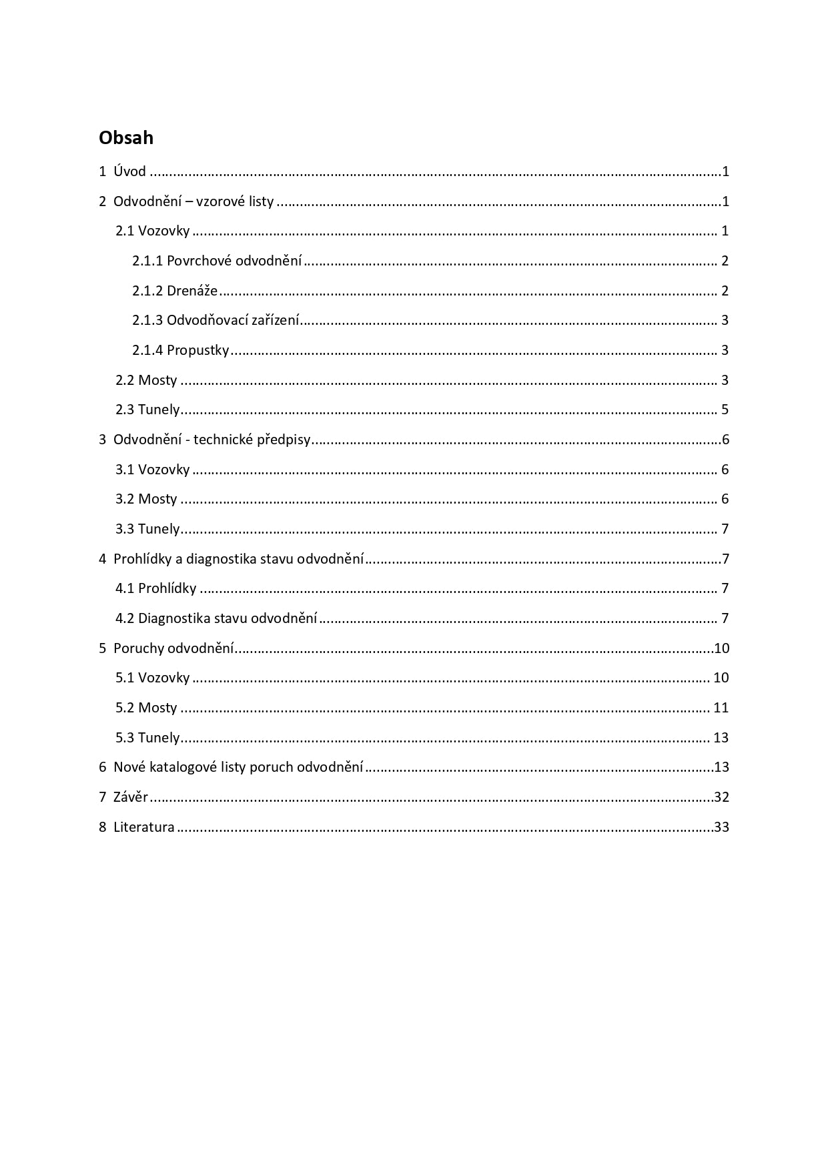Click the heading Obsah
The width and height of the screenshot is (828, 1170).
pos(126,137)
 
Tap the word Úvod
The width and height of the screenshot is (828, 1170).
pos(129,171)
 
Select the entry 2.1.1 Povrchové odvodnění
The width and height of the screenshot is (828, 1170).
pos(217,261)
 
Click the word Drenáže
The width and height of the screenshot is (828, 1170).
pos(192,291)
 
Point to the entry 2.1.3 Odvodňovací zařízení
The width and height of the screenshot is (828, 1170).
pos(216,320)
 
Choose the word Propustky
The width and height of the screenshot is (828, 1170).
pos(197,350)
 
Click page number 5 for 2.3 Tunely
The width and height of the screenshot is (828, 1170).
pos(725,410)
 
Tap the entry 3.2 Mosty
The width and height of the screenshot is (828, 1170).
pos(146,499)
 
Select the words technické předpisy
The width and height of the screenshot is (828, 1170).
pos(252,440)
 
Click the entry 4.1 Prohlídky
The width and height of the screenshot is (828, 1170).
pos(156,588)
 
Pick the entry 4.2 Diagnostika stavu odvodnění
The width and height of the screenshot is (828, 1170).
pos(216,618)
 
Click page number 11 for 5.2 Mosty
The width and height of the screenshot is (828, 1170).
pos(721,708)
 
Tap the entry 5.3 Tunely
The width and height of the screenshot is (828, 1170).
pos(147,738)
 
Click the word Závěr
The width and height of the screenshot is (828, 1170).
pos(131,797)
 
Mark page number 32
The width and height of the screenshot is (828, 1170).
pos(721,797)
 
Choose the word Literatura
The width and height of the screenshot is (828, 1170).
pos(144,827)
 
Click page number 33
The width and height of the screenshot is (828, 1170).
pos(721,827)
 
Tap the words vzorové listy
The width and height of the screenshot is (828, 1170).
pos(235,201)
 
